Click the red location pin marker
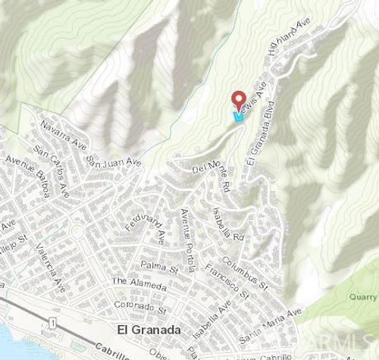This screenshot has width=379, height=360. coord(238,99)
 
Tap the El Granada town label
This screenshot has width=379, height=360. coord(148,330)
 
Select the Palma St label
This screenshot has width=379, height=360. coord(158,266)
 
